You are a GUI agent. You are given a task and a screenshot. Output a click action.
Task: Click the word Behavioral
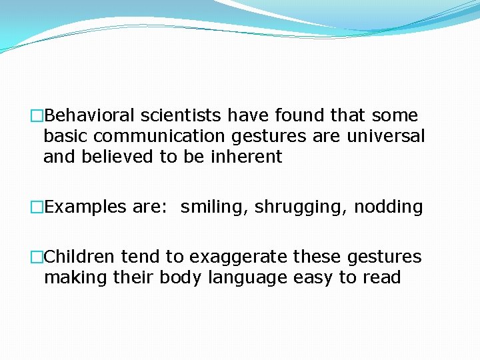[91, 116]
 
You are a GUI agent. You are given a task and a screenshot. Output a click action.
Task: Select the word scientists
[181, 116]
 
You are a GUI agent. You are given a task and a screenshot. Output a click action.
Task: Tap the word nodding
[389, 207]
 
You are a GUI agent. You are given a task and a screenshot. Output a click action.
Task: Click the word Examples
[85, 207]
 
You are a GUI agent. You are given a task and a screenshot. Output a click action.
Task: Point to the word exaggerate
[238, 257]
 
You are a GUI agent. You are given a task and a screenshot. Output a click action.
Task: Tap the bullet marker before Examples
[37, 207]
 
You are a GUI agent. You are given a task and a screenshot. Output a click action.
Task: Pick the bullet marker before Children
[37, 257]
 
